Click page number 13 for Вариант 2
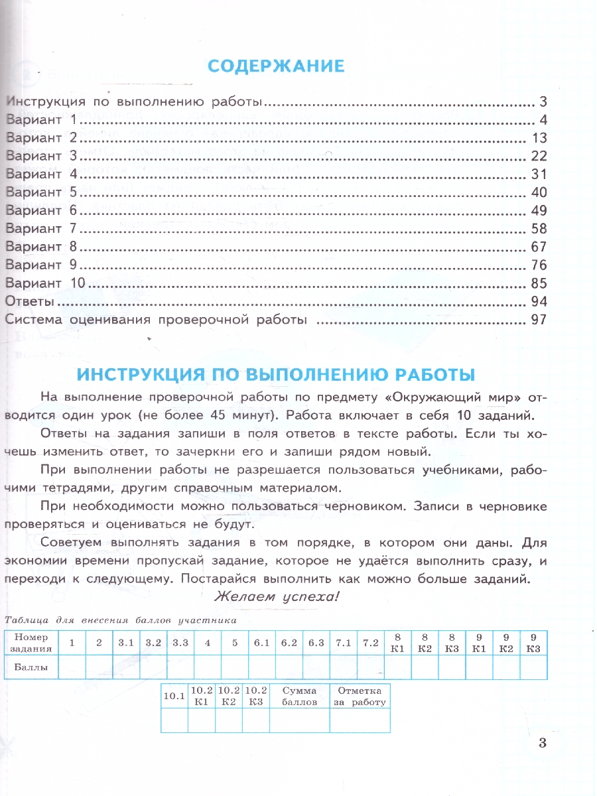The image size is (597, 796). pyautogui.click(x=538, y=138)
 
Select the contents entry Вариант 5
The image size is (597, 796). pyautogui.click(x=42, y=193)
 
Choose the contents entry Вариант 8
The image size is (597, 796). pyautogui.click(x=42, y=247)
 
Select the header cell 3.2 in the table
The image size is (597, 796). pyautogui.click(x=153, y=643)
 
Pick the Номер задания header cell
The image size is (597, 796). pyautogui.click(x=31, y=643)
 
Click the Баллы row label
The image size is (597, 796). pyautogui.click(x=31, y=667)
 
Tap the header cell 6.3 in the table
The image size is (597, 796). pyautogui.click(x=316, y=643)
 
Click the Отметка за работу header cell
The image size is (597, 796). pyautogui.click(x=360, y=696)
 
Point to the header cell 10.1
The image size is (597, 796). pyautogui.click(x=174, y=696)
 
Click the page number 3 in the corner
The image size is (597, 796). pyautogui.click(x=543, y=742)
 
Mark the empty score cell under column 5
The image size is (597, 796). pyautogui.click(x=235, y=667)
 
